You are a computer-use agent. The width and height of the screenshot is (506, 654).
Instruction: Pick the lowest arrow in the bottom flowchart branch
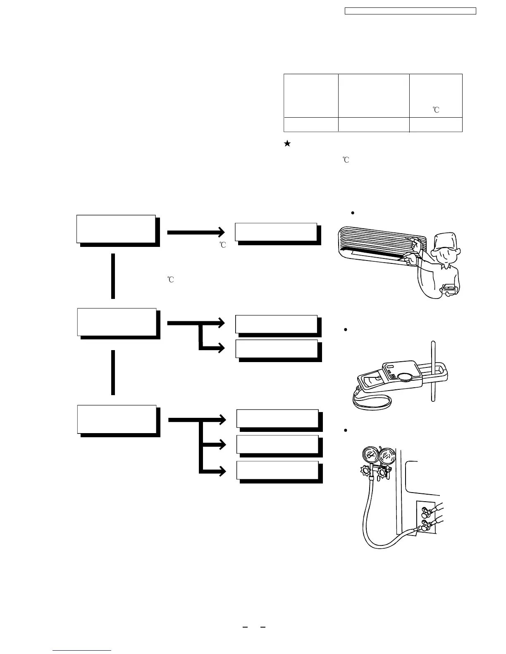pos(213,471)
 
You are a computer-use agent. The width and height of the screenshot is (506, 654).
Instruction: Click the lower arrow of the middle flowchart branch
pos(213,348)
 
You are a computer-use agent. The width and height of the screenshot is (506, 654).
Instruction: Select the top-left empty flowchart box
pos(116,229)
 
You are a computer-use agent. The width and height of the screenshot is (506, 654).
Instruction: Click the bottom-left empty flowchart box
pos(117,419)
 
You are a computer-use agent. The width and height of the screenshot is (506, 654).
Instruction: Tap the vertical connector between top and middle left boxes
pos(113,276)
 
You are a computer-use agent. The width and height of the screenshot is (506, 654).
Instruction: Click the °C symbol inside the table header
pos(436,110)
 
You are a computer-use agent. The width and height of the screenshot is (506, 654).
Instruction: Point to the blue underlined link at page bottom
pos(82,650)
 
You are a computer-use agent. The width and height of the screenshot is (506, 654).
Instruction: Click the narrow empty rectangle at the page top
pos(411,11)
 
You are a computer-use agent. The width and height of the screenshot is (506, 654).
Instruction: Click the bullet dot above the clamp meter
pos(345,330)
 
